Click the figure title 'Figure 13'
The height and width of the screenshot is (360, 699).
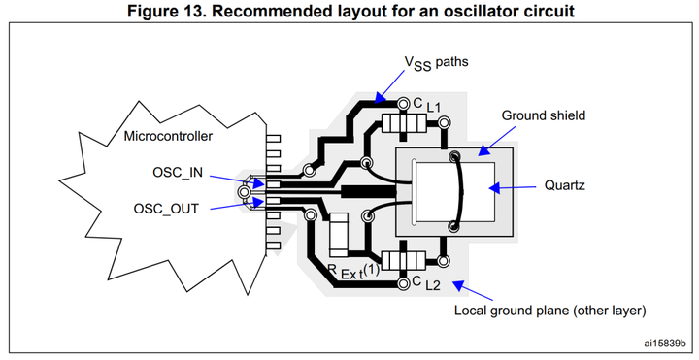[x=349, y=11]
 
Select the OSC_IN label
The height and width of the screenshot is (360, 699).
[x=178, y=173]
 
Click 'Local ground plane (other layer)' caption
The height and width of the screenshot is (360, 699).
[x=549, y=311]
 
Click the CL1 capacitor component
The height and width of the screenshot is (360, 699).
[x=405, y=123]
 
